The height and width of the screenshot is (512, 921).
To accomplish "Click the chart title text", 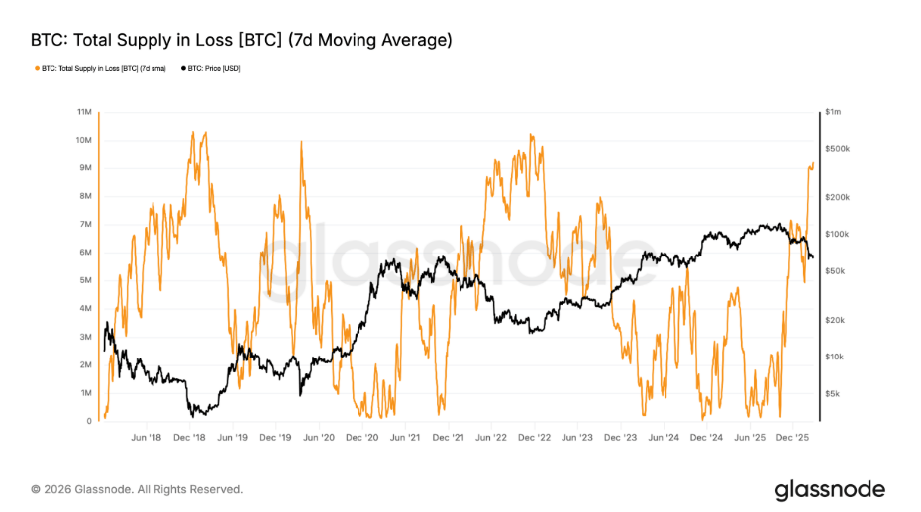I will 242,40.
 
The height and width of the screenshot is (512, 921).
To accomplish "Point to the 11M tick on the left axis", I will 85,112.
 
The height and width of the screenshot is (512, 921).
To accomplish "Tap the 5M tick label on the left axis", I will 86,280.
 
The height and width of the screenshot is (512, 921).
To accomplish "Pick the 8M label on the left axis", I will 86,196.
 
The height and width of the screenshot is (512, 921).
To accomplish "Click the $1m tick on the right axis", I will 833,112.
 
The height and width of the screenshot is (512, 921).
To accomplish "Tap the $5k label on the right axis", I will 833,393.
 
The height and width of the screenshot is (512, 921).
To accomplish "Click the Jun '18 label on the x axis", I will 146,436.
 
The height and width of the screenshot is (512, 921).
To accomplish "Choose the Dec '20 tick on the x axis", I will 361,436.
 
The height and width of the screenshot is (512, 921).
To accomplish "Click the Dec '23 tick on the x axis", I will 622,436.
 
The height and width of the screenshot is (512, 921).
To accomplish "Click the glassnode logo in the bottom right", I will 830,489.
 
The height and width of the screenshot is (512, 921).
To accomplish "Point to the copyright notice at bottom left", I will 137,489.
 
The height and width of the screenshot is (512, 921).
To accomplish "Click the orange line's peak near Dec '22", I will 532,135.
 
